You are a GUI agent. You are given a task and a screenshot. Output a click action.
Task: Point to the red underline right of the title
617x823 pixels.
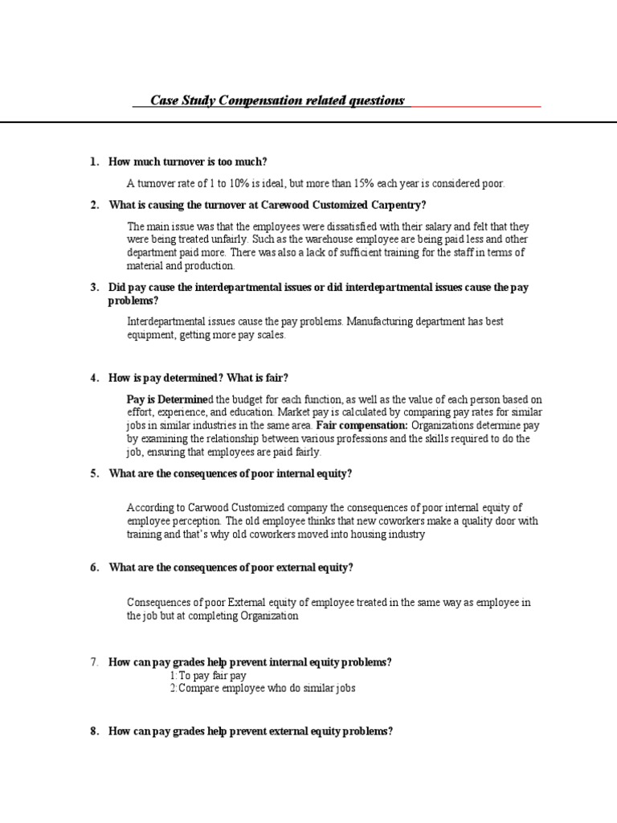coord(476,105)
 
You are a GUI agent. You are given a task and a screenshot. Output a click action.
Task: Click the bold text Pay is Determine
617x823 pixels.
coord(166,399)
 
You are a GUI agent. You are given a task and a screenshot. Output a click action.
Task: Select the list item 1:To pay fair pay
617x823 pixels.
coord(203,676)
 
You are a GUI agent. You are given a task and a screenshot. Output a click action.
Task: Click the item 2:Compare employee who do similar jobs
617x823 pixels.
coord(262,689)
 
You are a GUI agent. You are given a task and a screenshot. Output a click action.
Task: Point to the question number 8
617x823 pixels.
coord(95,731)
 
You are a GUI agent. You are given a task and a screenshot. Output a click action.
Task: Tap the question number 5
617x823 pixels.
coord(95,473)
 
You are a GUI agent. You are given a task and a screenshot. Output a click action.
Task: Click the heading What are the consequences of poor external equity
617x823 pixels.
coord(231,567)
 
